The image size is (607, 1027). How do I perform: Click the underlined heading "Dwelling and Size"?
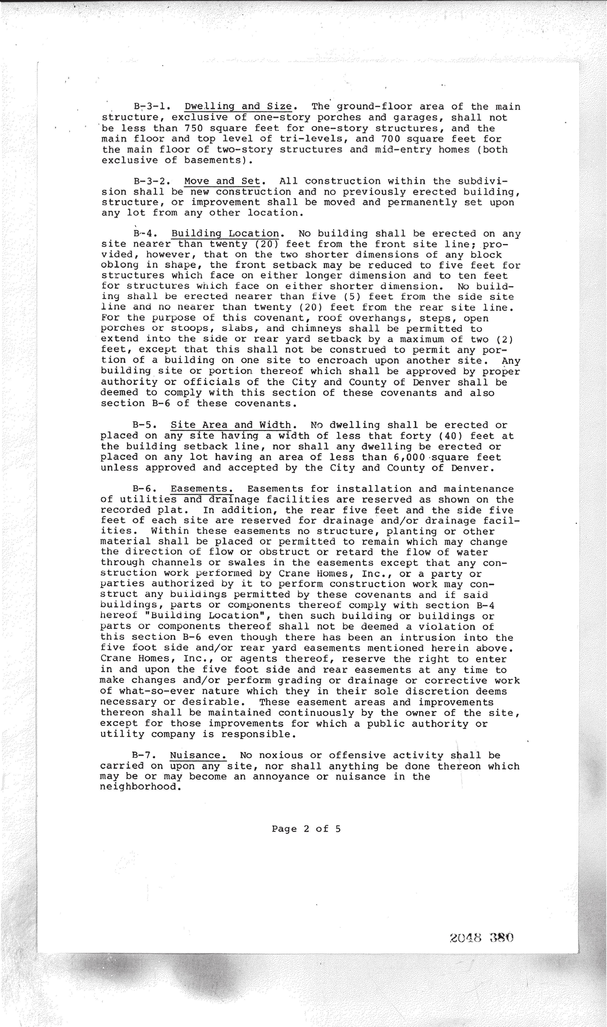click(238, 107)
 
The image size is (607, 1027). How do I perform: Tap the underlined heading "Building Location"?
click(225, 234)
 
